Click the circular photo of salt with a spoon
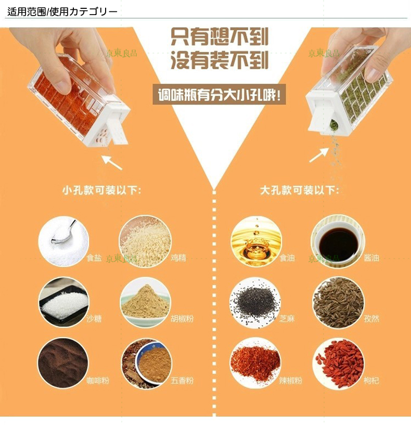[x=63, y=241]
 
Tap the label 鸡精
[x=178, y=257]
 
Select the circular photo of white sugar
[x=63, y=302]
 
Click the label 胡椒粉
[x=182, y=318]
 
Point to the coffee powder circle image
[x=63, y=363]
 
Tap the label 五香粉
[x=182, y=380]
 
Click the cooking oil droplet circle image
[x=256, y=241]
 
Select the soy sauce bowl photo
[x=338, y=241]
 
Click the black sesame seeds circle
[x=255, y=302]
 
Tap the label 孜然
[x=371, y=318]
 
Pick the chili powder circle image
[x=255, y=363]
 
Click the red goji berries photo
[x=338, y=363]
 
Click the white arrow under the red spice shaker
[x=112, y=162]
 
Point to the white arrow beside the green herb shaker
[x=319, y=156]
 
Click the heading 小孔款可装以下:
[x=101, y=190]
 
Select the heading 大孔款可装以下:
[x=300, y=190]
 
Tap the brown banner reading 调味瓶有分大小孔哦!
[x=220, y=95]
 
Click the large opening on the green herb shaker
[x=333, y=125]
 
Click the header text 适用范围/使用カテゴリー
[x=62, y=11]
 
